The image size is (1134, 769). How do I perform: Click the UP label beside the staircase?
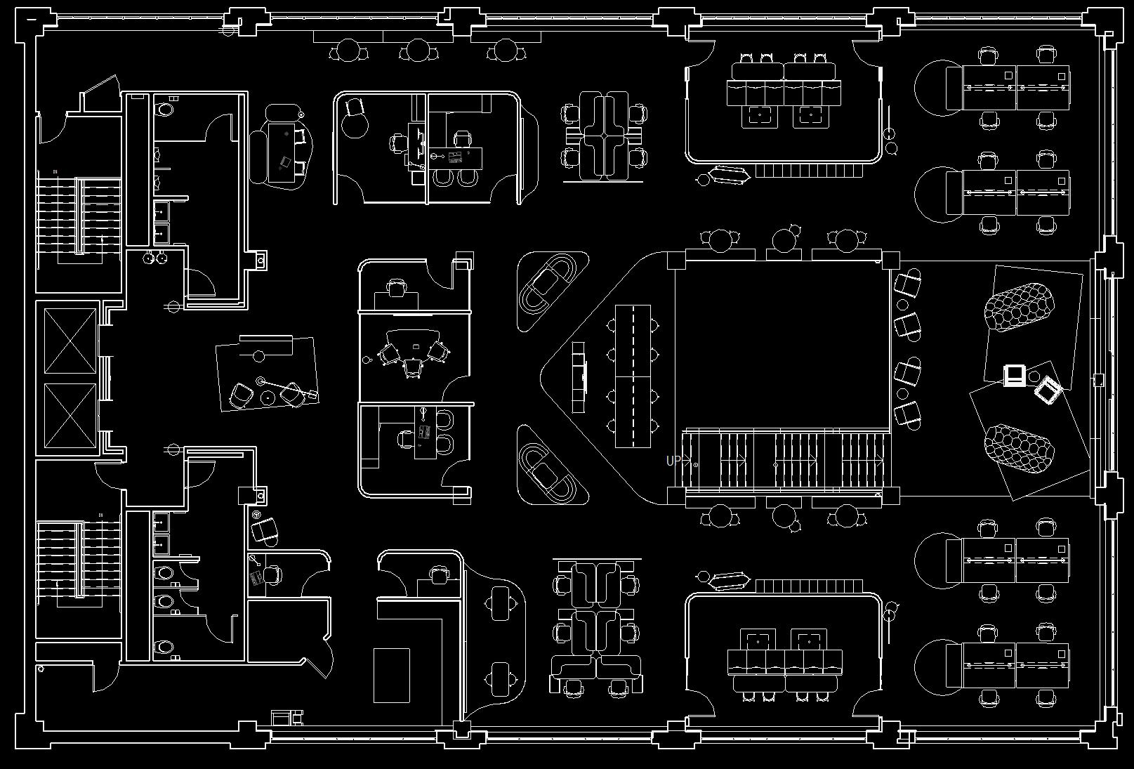673,461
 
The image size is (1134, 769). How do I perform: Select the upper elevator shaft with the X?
70,341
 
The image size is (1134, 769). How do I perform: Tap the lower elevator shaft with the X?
70,415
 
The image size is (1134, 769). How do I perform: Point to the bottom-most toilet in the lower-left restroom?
165,647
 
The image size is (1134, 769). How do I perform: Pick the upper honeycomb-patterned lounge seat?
1019,305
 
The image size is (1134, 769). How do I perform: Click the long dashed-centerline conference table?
633,376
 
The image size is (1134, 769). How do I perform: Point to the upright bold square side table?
1013,376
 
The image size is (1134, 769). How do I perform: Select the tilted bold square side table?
1048,390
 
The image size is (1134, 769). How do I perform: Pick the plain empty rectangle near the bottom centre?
391,675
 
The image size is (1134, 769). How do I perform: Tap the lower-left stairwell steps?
79,558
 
